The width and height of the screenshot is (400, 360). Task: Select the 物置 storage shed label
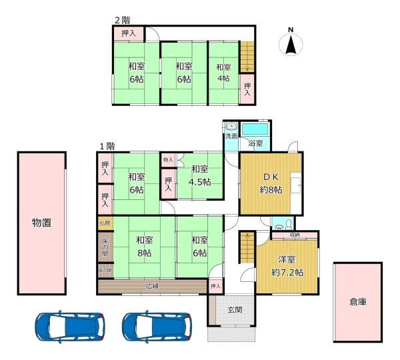[x=41, y=223]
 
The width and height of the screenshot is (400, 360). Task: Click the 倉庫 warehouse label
[x=358, y=301]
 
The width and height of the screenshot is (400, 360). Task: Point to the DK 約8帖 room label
[x=270, y=183]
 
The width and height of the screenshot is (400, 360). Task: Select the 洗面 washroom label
[x=231, y=136]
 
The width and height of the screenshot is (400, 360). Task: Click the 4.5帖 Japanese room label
[x=199, y=176]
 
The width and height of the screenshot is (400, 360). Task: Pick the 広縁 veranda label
[x=153, y=287]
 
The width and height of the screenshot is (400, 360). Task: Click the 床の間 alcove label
[x=105, y=247]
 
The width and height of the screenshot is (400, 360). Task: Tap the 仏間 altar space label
[x=105, y=223]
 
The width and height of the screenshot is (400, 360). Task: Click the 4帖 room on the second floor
[x=223, y=73]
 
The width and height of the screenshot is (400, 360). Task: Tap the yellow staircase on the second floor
[x=247, y=57]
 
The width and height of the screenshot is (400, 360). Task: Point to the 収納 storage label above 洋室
[x=294, y=235]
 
